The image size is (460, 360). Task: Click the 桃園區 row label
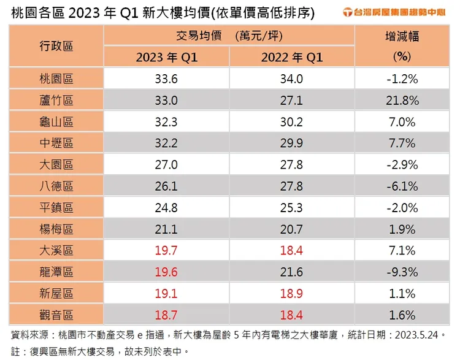coord(56,79)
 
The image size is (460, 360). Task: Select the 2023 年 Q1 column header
coord(167,58)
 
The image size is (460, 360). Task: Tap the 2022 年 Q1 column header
coord(291,58)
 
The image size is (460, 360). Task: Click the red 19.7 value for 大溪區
coord(167,250)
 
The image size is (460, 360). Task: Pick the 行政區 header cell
coord(56,46)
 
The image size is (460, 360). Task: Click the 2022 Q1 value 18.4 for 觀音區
coord(291,315)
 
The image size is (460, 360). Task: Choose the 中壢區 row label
coord(56,143)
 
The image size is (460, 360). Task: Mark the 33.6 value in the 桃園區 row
coord(167,79)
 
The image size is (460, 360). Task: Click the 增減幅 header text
coord(404,36)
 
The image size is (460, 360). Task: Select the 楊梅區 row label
coord(56,229)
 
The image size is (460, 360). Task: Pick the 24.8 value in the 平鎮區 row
coord(167,207)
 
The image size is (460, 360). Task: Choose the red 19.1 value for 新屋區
coord(167,293)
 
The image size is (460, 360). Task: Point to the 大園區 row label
coord(56,164)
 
